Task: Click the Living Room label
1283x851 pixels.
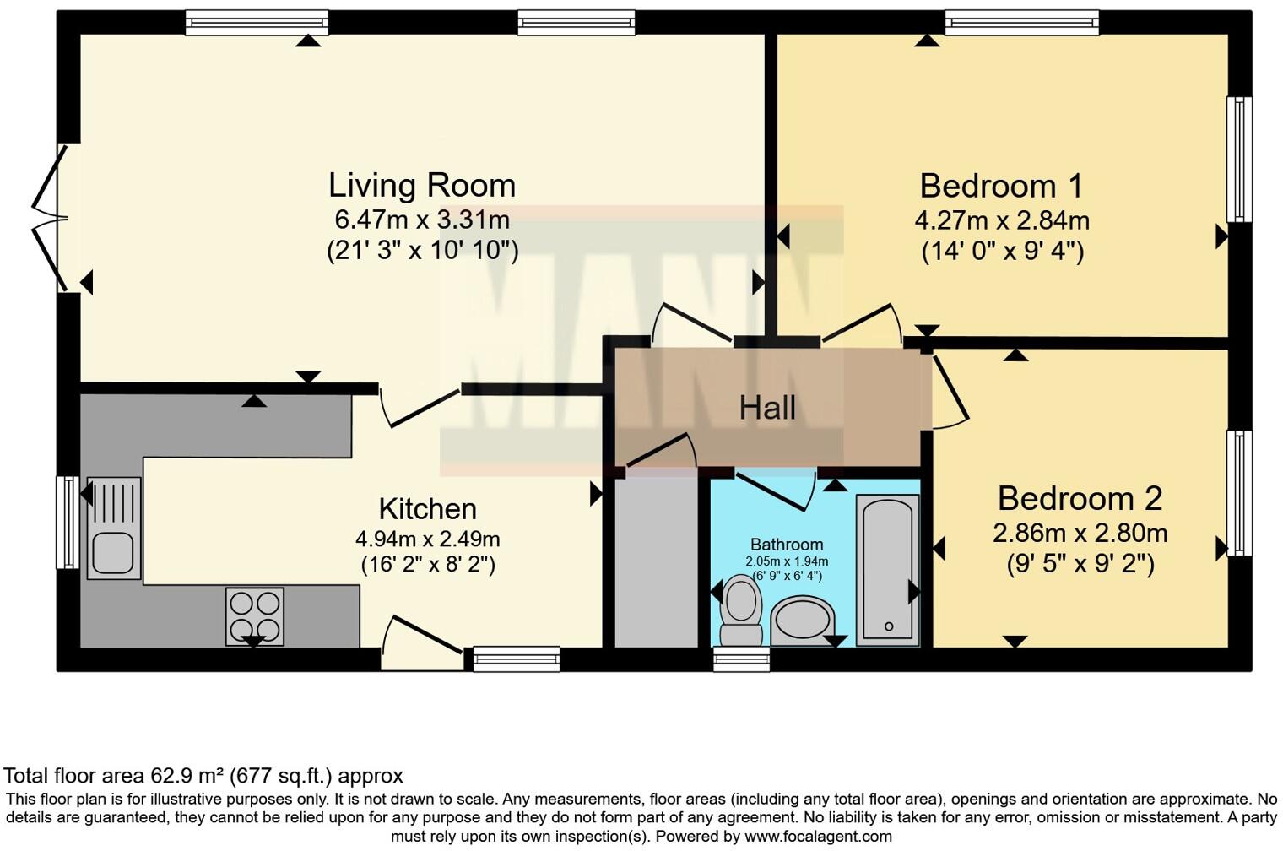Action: pos(421,187)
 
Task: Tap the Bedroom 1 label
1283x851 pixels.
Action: pos(1001,187)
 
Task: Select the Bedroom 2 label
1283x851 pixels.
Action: pos(1080,499)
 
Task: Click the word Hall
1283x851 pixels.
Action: pos(767,408)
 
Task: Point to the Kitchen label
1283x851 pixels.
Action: pos(428,509)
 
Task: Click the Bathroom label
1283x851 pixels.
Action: pos(787,545)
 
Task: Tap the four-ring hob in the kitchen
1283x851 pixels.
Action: pos(254,616)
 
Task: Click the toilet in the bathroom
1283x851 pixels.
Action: pos(741,610)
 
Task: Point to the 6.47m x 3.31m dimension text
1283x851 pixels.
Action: pos(422,220)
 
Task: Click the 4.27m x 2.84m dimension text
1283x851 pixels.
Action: pos(1002,220)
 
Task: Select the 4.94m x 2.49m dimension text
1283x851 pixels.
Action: pos(428,539)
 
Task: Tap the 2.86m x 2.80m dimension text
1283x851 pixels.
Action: pos(1080,534)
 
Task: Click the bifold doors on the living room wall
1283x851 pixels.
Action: pos(51,218)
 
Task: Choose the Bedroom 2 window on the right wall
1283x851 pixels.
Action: pos(1239,493)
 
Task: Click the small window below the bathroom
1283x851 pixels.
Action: pos(741,659)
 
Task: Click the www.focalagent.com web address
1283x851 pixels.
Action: pos(818,837)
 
